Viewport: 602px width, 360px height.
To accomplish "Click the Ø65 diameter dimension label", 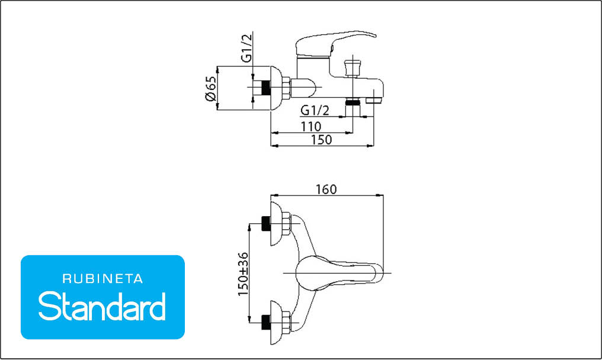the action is coord(211,88).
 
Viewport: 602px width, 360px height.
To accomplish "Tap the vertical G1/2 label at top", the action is coord(247,48).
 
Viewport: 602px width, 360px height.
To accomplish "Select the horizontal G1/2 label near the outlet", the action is coord(315,111).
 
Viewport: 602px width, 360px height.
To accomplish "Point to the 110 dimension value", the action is coord(311,126).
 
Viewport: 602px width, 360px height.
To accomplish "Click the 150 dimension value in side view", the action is coord(321,140).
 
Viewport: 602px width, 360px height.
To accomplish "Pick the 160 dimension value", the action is coord(326,189).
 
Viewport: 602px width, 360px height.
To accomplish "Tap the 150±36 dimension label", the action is coord(243,274).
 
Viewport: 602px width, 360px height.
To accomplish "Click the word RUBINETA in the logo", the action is coord(103,279).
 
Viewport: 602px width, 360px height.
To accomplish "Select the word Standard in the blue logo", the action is coord(102,306).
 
